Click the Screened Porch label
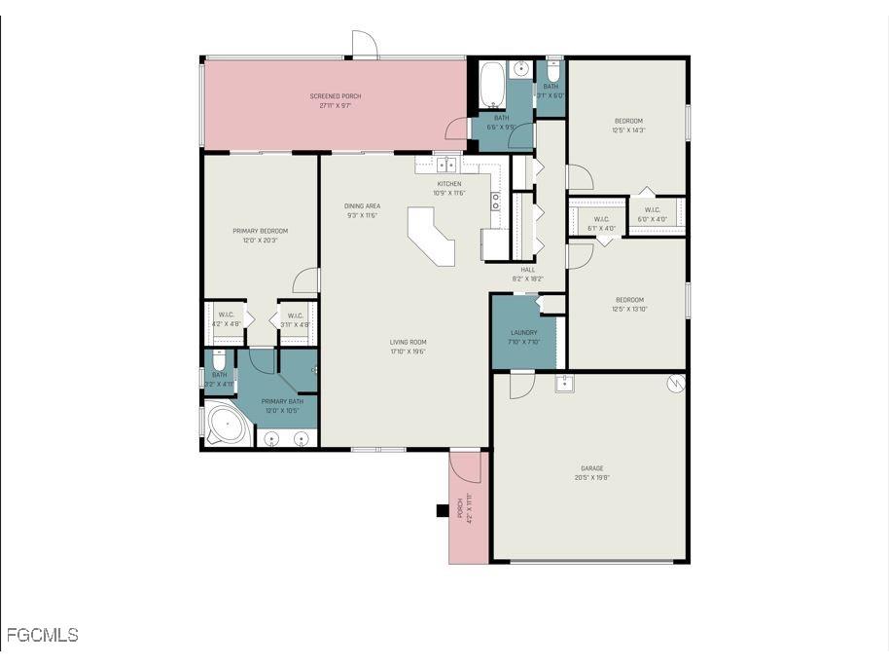(x=335, y=96)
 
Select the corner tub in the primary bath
(x=225, y=426)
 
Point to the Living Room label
(x=409, y=342)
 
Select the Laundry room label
(x=523, y=333)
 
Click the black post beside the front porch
(x=442, y=509)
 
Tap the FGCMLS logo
(x=42, y=636)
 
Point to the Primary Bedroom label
(x=260, y=231)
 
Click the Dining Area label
(x=362, y=205)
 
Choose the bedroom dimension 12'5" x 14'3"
(x=628, y=130)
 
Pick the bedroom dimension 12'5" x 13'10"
(x=628, y=310)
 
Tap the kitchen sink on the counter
(x=446, y=165)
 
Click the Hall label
(x=528, y=270)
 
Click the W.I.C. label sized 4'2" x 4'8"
(x=226, y=315)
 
